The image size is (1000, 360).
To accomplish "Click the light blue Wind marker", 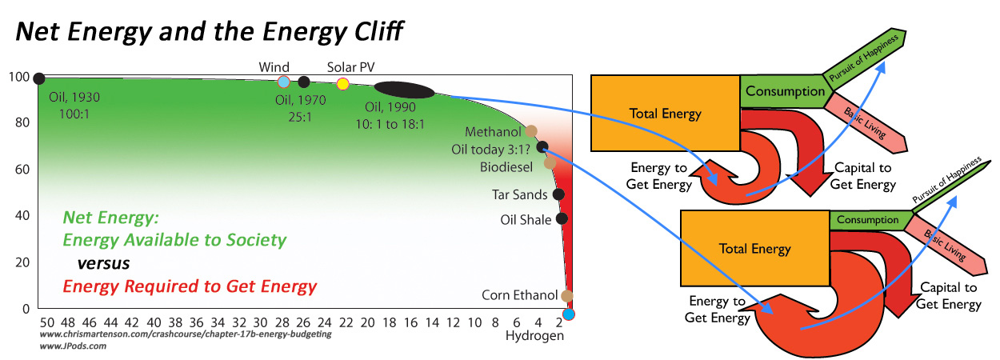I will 283,82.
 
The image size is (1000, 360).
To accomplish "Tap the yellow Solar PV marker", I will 343,83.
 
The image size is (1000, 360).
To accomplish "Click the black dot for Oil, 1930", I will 38,78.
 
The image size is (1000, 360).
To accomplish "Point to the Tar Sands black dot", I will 558,194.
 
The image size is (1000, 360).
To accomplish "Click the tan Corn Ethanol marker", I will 567,296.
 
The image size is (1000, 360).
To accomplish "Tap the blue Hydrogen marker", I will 569,314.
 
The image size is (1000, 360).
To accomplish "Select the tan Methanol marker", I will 531,131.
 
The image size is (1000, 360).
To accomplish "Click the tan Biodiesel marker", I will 550,163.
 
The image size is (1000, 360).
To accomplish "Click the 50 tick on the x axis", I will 39,323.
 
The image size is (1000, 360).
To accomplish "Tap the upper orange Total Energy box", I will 665,113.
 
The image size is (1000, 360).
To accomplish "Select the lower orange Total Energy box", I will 754,248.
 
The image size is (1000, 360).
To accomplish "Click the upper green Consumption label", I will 784,91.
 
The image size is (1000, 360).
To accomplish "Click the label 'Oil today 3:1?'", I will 491,148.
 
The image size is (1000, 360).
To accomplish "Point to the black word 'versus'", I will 103,262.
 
